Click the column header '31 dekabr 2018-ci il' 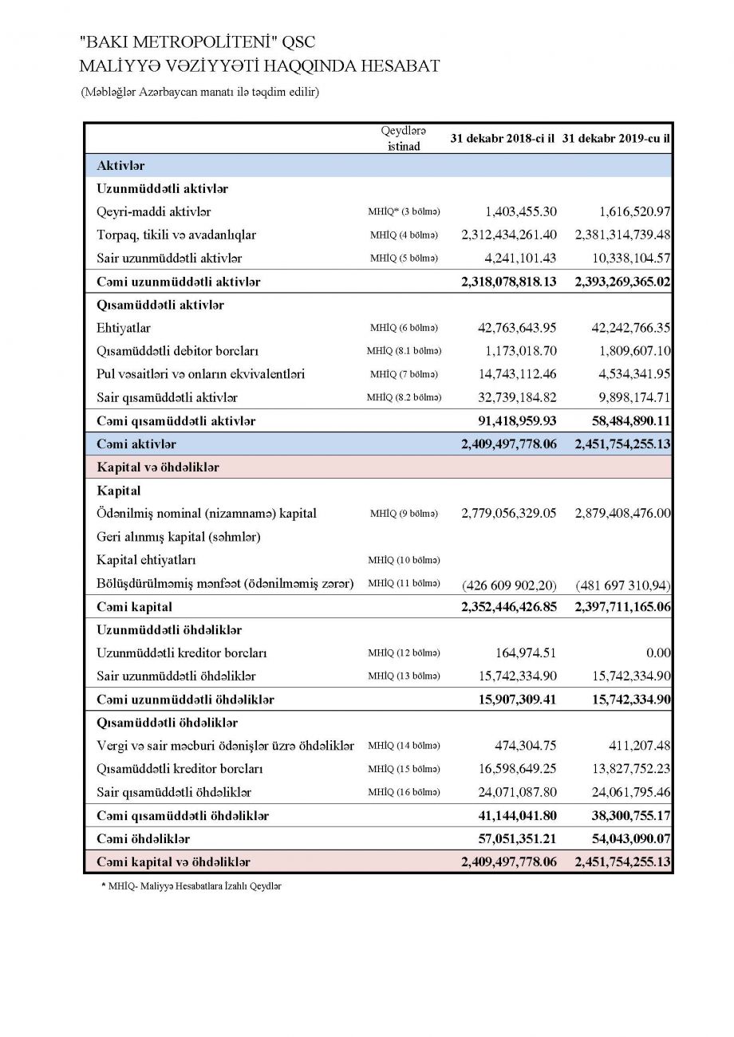click(x=503, y=138)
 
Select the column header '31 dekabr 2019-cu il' click(x=615, y=138)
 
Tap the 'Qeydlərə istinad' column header click(x=404, y=138)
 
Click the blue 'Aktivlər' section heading click(x=120, y=165)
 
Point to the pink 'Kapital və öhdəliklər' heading click(x=158, y=467)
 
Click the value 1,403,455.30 click(x=521, y=212)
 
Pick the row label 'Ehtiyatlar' click(x=124, y=328)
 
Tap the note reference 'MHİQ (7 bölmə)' click(x=404, y=374)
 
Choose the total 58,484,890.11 click(x=622, y=420)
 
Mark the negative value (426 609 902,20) click(x=509, y=585)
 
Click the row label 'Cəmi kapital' click(x=134, y=608)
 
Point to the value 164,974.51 click(x=526, y=653)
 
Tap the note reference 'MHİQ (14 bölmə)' click(x=404, y=747)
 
